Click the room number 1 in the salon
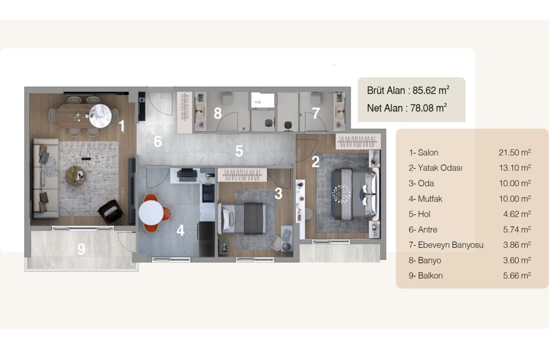tap(122, 126)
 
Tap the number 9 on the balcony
tap(81, 249)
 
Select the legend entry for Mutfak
tap(425, 199)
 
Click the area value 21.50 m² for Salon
tap(515, 152)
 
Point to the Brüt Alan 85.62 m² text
tap(408, 91)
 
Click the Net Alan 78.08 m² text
tap(407, 108)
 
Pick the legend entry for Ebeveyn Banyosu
tap(446, 245)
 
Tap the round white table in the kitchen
tap(151, 213)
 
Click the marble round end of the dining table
tap(100, 116)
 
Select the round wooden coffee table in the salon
tap(75, 176)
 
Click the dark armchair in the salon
tap(111, 212)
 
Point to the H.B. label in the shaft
tap(258, 102)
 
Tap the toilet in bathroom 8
tap(227, 98)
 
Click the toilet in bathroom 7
tap(316, 98)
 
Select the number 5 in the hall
tap(239, 151)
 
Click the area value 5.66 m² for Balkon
tap(517, 276)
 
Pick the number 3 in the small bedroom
tap(278, 194)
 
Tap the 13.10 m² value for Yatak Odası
tap(515, 168)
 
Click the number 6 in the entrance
tap(158, 141)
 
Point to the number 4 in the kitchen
tap(181, 230)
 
